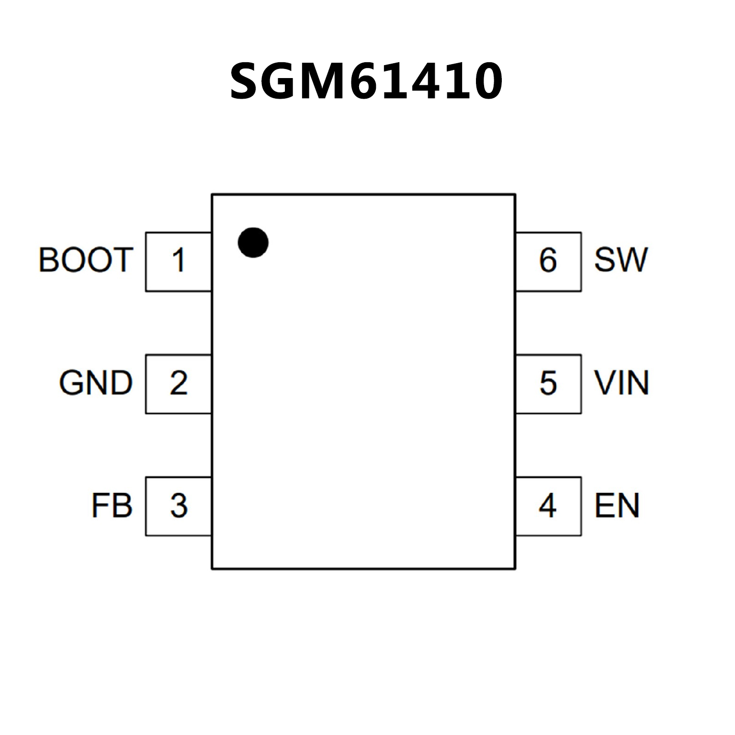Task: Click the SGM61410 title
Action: coord(366,81)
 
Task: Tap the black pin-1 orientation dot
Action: coord(253,242)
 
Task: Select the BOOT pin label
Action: coord(85,260)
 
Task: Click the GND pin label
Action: coord(96,383)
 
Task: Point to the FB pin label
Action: coord(112,506)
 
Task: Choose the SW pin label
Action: coord(621,260)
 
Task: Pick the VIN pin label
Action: coord(622,383)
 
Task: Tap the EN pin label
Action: coord(617,506)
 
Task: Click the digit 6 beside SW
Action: coord(548,260)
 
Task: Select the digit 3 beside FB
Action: coord(179,506)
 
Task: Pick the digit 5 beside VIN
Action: coord(548,383)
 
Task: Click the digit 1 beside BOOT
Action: coord(179,260)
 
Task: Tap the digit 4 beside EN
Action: coord(547,506)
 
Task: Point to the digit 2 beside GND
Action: coord(179,383)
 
